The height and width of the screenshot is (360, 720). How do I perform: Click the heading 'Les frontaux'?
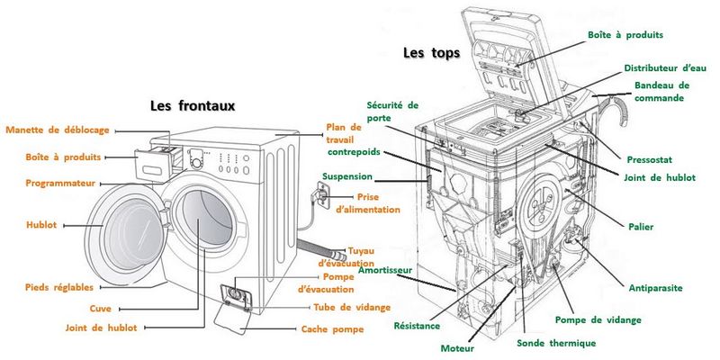[192, 105]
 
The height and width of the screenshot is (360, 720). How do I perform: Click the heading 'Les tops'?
[431, 53]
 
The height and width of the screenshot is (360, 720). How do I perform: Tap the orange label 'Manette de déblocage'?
[57, 130]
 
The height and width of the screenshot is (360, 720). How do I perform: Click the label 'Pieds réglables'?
[59, 287]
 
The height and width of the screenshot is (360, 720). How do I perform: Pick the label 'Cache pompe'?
[332, 329]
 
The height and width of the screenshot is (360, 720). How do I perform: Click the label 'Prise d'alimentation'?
[367, 202]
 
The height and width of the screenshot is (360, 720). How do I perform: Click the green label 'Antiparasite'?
[655, 288]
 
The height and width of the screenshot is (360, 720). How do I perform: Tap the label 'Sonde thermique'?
[556, 343]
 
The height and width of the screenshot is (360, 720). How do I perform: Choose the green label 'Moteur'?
[457, 347]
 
